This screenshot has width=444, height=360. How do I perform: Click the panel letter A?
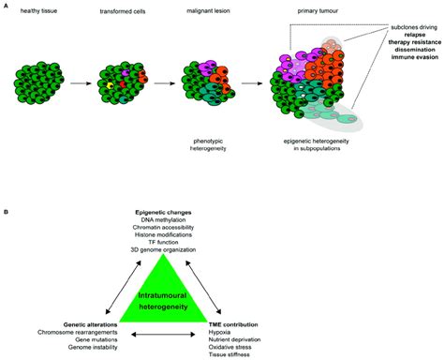(x=8, y=7)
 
